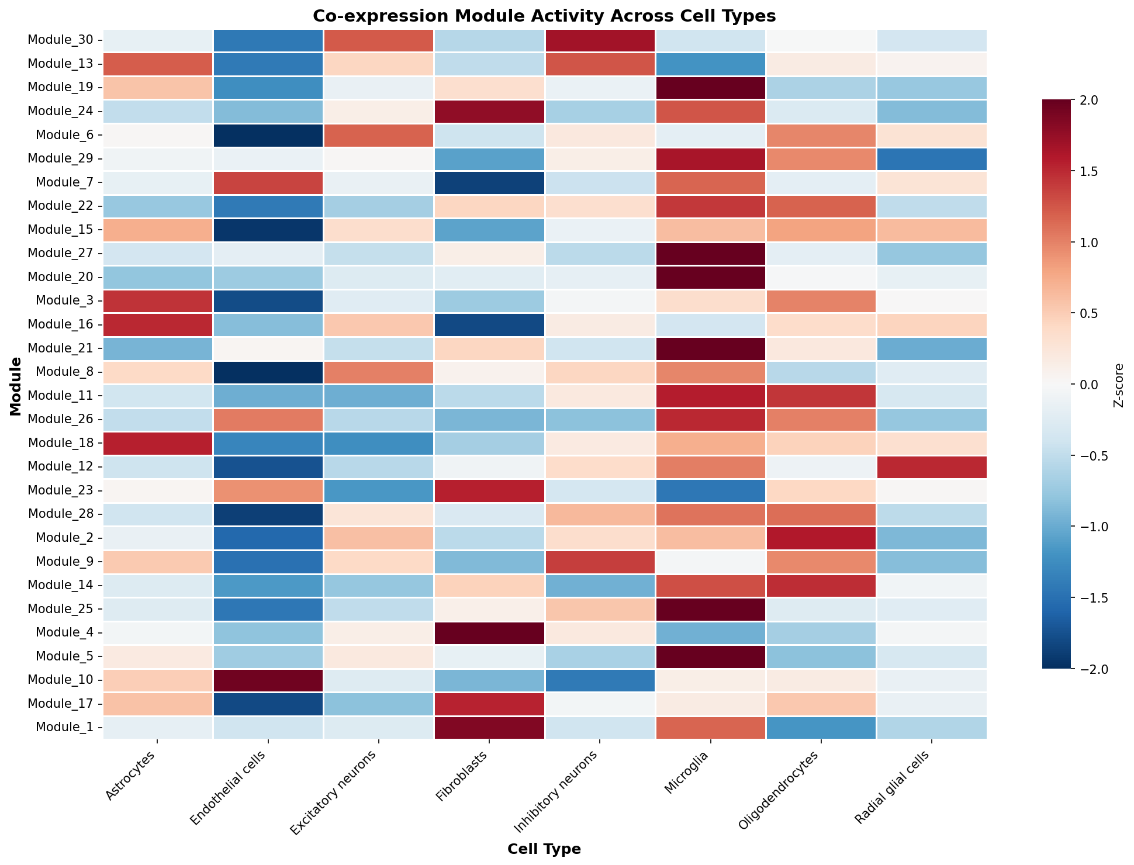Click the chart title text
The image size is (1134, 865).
pyautogui.click(x=544, y=16)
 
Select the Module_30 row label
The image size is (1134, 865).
pyautogui.click(x=61, y=40)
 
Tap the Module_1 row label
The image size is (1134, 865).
pyautogui.click(x=64, y=727)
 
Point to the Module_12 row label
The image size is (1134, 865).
pyautogui.click(x=61, y=467)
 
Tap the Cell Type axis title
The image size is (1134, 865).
pyautogui.click(x=544, y=849)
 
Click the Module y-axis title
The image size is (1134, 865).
pyautogui.click(x=16, y=386)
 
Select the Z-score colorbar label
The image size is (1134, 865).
pyautogui.click(x=1119, y=385)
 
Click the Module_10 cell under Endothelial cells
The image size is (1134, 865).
pyautogui.click(x=269, y=680)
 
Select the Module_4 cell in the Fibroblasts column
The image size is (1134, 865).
pyautogui.click(x=489, y=632)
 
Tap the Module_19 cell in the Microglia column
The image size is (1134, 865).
pyautogui.click(x=710, y=88)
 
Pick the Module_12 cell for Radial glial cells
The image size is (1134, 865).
pyautogui.click(x=932, y=467)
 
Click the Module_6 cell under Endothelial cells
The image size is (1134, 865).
pyautogui.click(x=269, y=135)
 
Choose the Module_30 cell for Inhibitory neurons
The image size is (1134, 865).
pyautogui.click(x=600, y=40)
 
